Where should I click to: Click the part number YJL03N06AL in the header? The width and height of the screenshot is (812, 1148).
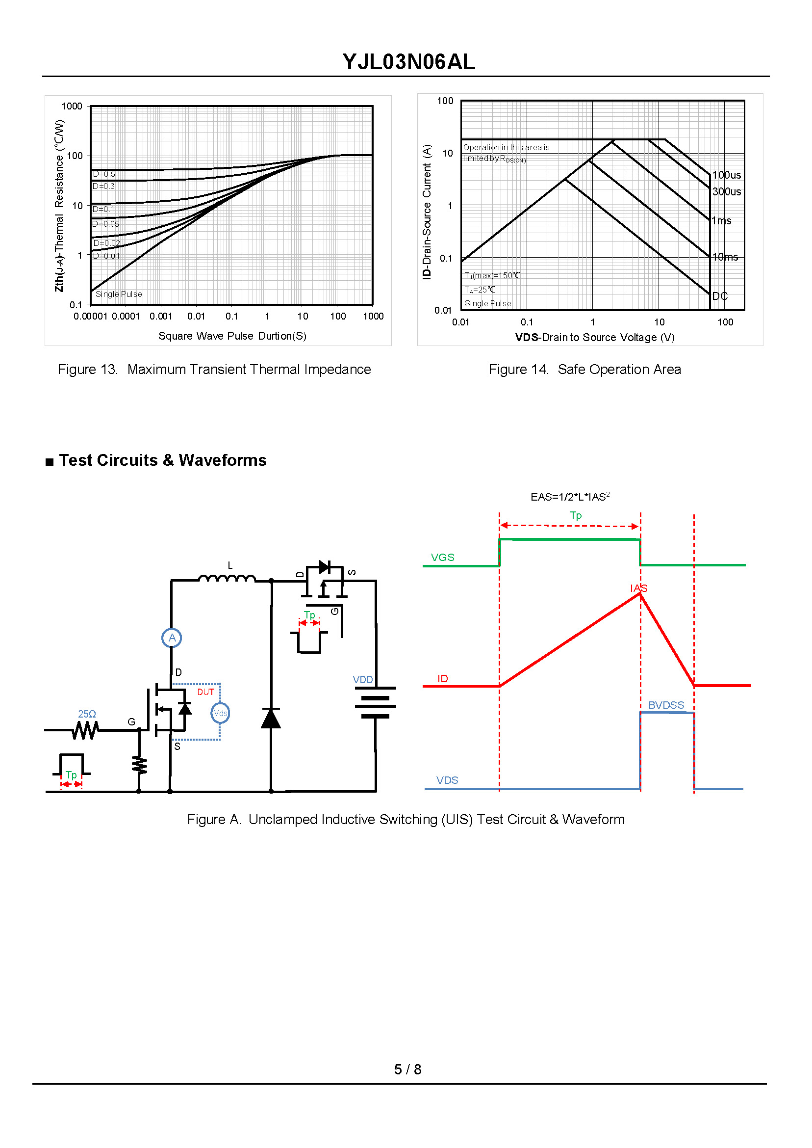(x=408, y=62)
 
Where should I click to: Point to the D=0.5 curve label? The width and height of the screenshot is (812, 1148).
(x=104, y=174)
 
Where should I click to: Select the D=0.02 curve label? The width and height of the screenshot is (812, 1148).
(x=106, y=243)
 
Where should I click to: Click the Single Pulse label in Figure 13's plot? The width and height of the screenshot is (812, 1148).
(x=119, y=294)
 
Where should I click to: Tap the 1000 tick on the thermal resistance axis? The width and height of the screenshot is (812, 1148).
(x=72, y=106)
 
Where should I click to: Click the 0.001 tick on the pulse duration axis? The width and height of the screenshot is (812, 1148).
(x=160, y=316)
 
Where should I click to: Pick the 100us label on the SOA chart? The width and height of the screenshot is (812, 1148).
(x=726, y=175)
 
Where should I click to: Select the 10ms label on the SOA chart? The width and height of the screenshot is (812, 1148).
(x=725, y=257)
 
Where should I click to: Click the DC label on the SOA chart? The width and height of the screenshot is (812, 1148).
(x=719, y=296)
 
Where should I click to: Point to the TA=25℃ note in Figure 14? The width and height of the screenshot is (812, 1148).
(x=480, y=290)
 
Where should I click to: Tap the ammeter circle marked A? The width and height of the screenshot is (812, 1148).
(x=172, y=638)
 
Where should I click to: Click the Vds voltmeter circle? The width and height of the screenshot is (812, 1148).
(x=220, y=713)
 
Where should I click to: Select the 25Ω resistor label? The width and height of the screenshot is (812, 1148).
(x=87, y=714)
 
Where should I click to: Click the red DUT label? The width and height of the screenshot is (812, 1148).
(x=205, y=692)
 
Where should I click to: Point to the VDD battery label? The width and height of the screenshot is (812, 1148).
(x=362, y=680)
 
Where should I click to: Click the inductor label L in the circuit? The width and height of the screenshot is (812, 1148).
(x=230, y=565)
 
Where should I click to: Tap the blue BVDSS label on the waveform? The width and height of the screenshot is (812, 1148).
(x=666, y=705)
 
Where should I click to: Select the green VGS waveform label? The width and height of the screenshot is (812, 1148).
(x=442, y=558)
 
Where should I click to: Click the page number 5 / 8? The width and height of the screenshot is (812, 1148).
(x=407, y=1069)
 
